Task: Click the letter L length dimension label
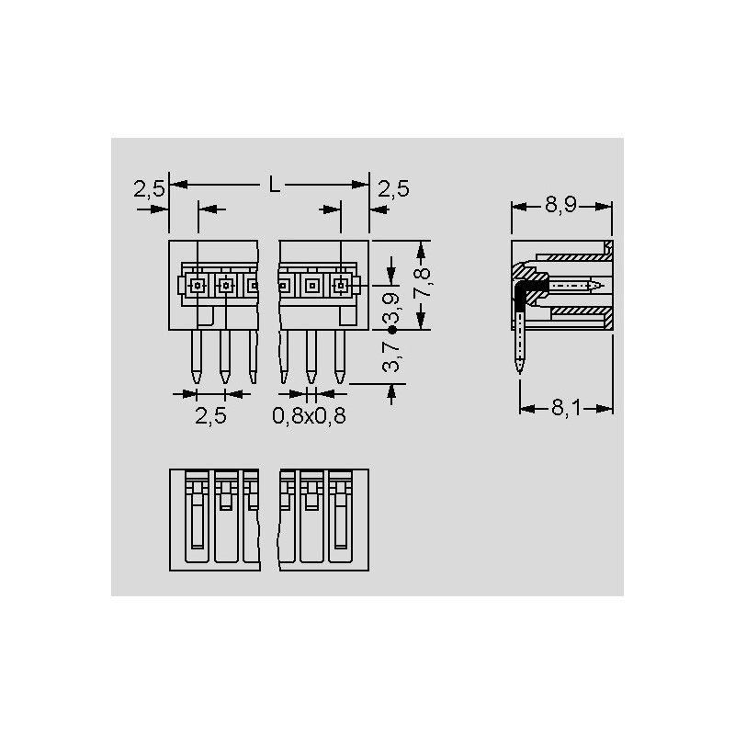click(274, 185)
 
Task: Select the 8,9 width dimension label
click(560, 205)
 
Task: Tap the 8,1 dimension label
click(566, 408)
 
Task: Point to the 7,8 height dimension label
click(422, 282)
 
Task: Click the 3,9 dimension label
click(391, 309)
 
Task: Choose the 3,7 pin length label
click(391, 357)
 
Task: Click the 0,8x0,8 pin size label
click(310, 416)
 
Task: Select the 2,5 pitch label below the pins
click(210, 416)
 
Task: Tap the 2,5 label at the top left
click(149, 189)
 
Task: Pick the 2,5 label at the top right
click(394, 188)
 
